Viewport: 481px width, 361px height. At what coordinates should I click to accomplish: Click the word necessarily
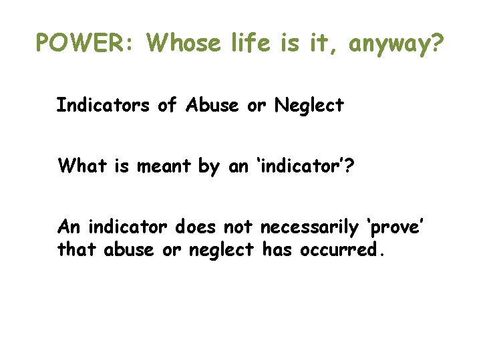point(309,229)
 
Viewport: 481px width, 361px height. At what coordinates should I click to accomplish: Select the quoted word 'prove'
point(393,229)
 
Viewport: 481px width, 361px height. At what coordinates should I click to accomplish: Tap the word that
point(78,250)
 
